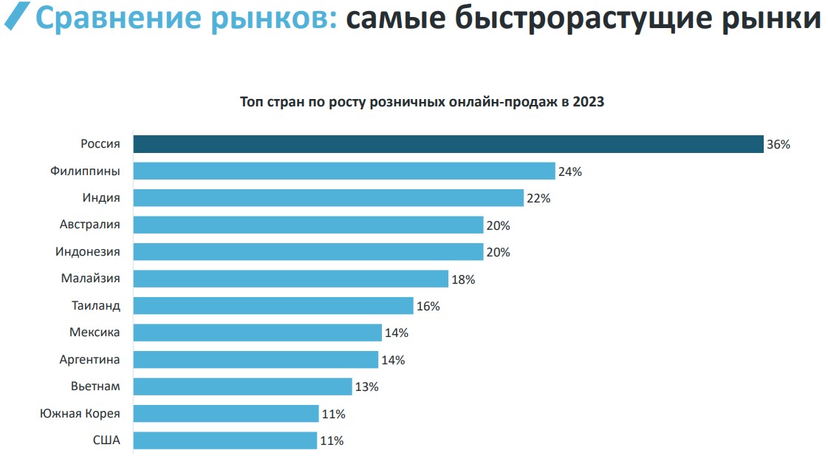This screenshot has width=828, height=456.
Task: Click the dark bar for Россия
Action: [448, 144]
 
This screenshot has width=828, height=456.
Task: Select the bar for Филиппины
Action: [343, 171]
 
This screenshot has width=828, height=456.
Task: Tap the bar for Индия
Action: [328, 198]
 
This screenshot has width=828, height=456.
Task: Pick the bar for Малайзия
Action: [290, 279]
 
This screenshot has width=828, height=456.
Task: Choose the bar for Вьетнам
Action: [242, 387]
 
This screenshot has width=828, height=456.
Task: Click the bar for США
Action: [225, 440]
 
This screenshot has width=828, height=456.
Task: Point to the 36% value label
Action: [779, 145]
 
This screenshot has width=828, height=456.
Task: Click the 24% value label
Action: [570, 171]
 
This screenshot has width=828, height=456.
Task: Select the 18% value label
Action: [463, 279]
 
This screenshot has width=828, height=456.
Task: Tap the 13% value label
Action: [367, 387]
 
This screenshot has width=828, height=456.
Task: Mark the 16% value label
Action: [428, 306]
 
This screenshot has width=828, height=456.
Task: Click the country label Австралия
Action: [90, 225]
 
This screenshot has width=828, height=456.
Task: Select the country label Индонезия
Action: [87, 252]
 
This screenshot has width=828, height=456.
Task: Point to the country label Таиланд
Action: [95, 305]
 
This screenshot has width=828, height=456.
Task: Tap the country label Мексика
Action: [95, 333]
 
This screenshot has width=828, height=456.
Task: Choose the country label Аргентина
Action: [89, 359]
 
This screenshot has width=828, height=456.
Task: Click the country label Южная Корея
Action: [80, 413]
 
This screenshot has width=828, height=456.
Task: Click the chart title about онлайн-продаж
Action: [422, 102]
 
